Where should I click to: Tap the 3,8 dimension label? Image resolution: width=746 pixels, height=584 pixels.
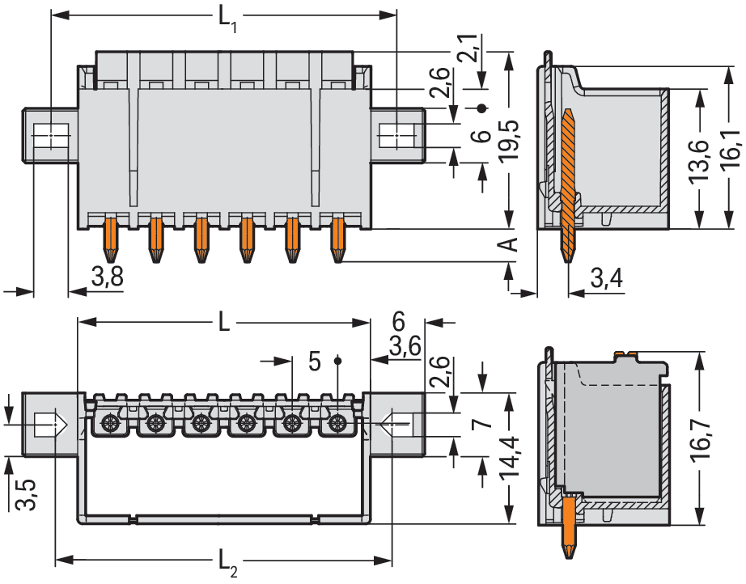(107, 277)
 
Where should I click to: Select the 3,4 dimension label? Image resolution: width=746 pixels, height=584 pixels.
(605, 279)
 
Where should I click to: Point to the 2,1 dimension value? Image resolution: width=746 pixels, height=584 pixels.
(468, 50)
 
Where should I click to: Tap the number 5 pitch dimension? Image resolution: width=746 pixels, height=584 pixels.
(315, 361)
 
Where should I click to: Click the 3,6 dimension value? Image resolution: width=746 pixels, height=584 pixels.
(404, 347)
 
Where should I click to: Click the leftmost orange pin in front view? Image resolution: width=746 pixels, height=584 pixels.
(108, 237)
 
